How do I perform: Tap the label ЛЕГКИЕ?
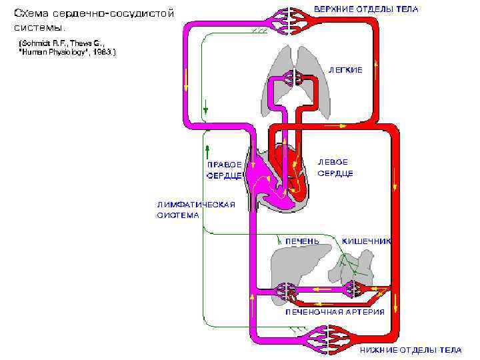coord(345,70)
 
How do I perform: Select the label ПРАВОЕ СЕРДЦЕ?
coord(223,171)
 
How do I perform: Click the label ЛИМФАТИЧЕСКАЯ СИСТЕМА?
coord(195,210)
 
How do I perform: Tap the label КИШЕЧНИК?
coord(366,240)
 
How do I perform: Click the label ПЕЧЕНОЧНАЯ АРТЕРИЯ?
coord(335,312)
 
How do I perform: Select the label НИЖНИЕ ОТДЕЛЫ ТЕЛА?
coord(411,349)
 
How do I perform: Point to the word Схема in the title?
coord(31,13)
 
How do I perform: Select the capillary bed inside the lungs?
coord(294,79)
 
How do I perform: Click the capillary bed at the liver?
coord(287,291)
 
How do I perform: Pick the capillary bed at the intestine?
coord(354,289)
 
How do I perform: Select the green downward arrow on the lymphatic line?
coord(208,107)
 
